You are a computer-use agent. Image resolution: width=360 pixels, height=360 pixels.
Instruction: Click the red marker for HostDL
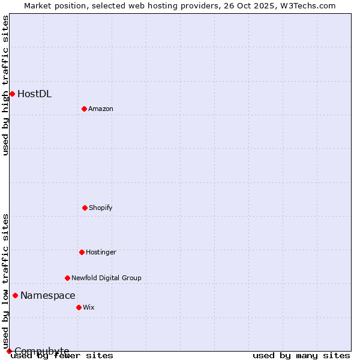(x=12, y=94)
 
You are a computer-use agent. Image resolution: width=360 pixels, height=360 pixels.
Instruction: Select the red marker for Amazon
(x=84, y=109)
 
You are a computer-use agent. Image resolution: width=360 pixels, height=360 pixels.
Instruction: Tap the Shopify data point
(x=85, y=208)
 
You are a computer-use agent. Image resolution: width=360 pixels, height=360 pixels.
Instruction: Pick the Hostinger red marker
(x=82, y=252)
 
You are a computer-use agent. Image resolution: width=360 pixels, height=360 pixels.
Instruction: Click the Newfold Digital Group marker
(x=67, y=278)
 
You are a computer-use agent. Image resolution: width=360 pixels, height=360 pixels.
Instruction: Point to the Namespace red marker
(x=15, y=295)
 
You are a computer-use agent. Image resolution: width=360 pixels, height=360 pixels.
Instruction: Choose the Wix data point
(x=79, y=307)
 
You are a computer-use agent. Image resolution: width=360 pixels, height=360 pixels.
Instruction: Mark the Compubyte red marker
(x=9, y=351)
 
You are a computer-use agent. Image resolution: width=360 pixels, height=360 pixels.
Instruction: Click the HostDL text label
(x=34, y=94)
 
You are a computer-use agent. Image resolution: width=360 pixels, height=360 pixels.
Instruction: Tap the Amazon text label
(x=101, y=109)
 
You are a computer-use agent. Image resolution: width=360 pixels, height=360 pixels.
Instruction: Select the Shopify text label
(x=101, y=208)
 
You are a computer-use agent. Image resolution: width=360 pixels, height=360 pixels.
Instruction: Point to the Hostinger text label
(x=101, y=252)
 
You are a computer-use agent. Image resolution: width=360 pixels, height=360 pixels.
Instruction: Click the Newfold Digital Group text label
(x=106, y=278)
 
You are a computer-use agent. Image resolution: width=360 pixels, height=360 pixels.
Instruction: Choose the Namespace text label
(x=48, y=295)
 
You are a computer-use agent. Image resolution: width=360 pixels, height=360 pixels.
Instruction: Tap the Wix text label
(x=89, y=307)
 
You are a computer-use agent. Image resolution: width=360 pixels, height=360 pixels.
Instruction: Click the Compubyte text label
(x=42, y=351)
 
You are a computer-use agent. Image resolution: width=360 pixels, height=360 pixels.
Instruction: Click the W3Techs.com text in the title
(x=306, y=5)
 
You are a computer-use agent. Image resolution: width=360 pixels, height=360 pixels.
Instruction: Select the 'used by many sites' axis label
(x=301, y=355)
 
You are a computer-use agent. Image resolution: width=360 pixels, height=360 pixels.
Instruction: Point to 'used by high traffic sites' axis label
(x=5, y=85)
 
